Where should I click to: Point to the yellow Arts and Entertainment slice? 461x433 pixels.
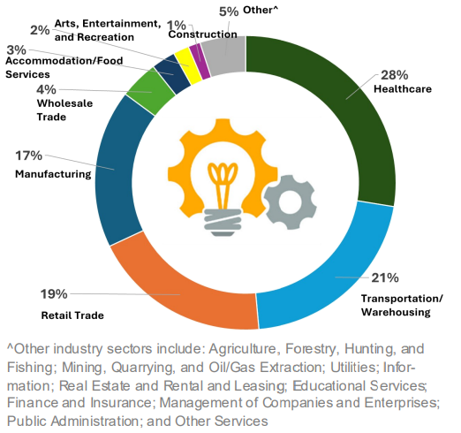pyautogui.click(x=183, y=61)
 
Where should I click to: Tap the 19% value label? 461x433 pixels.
pyautogui.click(x=54, y=293)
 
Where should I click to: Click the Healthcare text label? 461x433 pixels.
pyautogui.click(x=404, y=90)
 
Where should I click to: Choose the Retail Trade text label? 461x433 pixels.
pyautogui.click(x=72, y=315)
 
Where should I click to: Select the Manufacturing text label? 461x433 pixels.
pyautogui.click(x=52, y=174)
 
